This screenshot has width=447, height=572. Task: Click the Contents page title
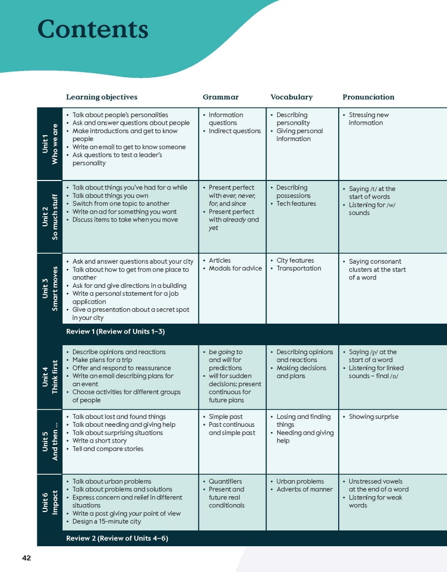tap(93, 29)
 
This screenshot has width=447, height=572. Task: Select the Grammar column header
tap(220, 97)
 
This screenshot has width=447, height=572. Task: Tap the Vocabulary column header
tap(291, 97)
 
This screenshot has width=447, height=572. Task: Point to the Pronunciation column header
tap(368, 97)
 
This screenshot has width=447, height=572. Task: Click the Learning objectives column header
tap(101, 97)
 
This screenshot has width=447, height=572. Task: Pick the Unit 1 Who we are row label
tap(49, 144)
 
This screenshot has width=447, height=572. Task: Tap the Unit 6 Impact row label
tap(49, 502)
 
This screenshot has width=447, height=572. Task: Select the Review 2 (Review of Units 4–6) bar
tap(117, 538)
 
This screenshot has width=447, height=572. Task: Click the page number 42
tap(26, 558)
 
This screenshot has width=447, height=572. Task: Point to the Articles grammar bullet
tap(220, 260)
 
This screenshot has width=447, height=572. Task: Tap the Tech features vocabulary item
tap(296, 204)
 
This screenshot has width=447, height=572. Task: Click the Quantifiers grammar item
tap(225, 481)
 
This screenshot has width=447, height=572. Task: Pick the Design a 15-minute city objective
tap(107, 521)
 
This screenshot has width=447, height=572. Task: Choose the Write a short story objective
tap(99, 441)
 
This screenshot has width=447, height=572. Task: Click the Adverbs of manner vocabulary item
tap(304, 489)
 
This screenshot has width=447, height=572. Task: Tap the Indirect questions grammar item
tap(235, 131)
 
